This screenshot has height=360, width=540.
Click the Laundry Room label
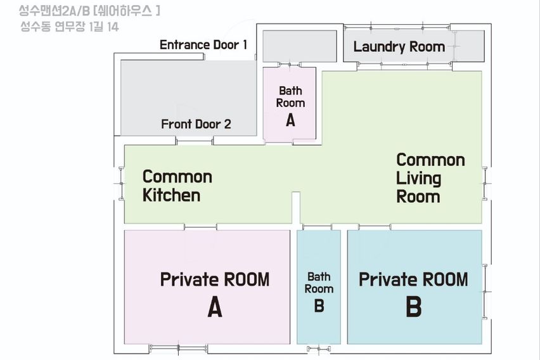[x=399, y=47]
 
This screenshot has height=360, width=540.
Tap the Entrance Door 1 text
[x=203, y=45]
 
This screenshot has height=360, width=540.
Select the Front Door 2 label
[x=196, y=124]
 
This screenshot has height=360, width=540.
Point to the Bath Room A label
[x=290, y=106]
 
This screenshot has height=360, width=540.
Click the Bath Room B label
[x=319, y=292]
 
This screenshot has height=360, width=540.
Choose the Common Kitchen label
[x=177, y=186]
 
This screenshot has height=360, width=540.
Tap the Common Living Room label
[x=430, y=178]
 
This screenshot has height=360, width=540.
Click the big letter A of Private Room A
[x=215, y=307]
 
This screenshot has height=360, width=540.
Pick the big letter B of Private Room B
[x=414, y=307]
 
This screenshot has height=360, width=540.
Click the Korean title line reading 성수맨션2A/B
[x=89, y=11]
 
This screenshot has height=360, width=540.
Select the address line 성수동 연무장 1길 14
[x=70, y=27]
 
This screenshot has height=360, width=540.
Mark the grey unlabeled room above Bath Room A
[x=300, y=46]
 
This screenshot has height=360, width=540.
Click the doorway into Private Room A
[x=200, y=227]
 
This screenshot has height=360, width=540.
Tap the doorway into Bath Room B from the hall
[x=317, y=227]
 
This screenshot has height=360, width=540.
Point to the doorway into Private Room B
[x=375, y=227]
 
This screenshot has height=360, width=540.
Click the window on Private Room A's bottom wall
[x=178, y=349]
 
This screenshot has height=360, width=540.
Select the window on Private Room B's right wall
[x=485, y=292]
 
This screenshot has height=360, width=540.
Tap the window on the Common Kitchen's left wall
[x=121, y=184]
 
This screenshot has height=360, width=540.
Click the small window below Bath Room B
[x=319, y=349]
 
